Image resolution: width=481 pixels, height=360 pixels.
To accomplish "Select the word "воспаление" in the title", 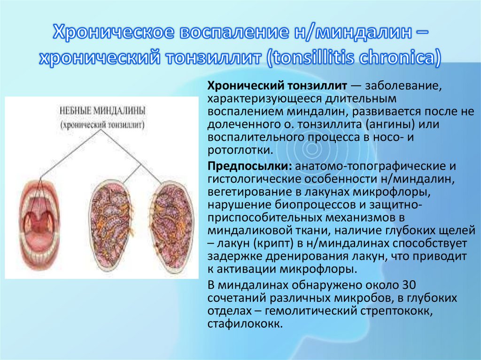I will [x=226, y=33].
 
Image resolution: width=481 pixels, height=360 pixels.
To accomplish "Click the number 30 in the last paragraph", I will [x=407, y=286].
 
